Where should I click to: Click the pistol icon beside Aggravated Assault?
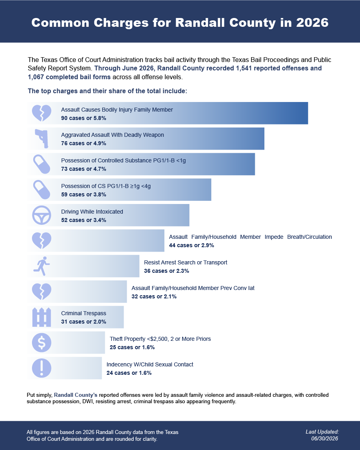coord(42,139)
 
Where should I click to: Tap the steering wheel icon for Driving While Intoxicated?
coord(42,215)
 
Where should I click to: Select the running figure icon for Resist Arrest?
coord(42,266)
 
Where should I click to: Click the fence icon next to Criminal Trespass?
coord(42,317)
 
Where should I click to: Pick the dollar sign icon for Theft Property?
coord(42,343)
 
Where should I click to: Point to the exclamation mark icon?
coord(42,368)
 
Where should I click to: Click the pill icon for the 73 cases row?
coord(42,164)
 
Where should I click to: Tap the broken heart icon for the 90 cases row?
coord(42,113)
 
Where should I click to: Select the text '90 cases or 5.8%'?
coord(84,118)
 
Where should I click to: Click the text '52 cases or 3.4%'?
coord(84,220)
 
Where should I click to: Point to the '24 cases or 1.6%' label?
coord(129,373)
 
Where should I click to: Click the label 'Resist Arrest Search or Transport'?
coord(186,262)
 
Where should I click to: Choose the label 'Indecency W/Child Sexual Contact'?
coord(150,364)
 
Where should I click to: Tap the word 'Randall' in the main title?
coord(200,23)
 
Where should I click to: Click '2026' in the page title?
coord(312,23)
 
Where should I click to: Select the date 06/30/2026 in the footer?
coord(324,438)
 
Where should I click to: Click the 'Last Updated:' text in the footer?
coord(322,432)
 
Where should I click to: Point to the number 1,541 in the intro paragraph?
coord(244,68)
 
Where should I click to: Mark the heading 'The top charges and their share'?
coord(107,91)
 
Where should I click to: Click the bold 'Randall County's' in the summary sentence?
coord(76,395)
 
